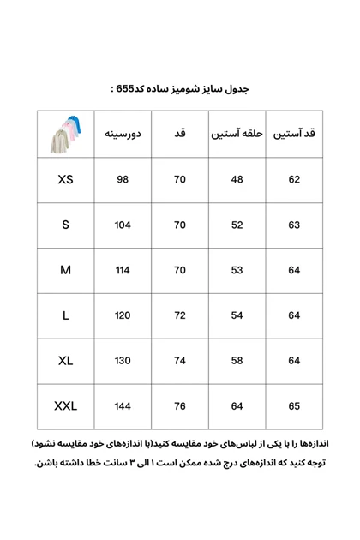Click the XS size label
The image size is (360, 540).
coord(66,180)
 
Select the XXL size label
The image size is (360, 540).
coord(66,406)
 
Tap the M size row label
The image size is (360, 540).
coord(66,271)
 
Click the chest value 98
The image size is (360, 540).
coord(123,180)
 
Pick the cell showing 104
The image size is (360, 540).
coord(123,225)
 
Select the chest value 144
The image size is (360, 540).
coord(123,406)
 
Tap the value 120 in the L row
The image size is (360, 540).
coord(123,316)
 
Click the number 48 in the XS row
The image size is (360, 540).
coord(237,180)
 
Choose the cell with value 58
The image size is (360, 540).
coord(237,362)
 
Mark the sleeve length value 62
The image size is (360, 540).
coord(295,180)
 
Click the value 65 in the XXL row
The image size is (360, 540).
coord(295,406)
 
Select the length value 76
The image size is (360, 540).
coord(180,406)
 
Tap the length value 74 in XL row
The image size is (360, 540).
coord(180,362)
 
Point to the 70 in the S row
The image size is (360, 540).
coord(180,225)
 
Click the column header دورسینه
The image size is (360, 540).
coord(123,134)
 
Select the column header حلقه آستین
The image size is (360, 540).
coord(237,134)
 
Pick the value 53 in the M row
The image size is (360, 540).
coord(237,271)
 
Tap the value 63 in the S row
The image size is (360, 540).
coord(295,225)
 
